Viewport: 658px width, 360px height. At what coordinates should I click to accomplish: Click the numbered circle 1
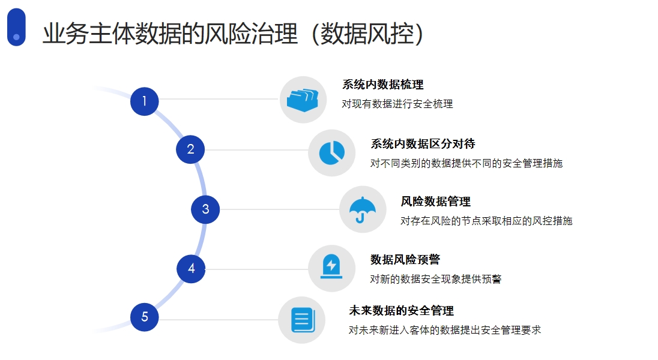[144, 101]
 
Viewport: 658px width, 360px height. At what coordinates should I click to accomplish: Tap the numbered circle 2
[190, 149]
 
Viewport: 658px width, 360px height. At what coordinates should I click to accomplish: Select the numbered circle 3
[205, 209]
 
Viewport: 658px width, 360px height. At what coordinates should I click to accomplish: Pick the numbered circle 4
[191, 269]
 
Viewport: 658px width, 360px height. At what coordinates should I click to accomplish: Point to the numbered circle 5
[144, 317]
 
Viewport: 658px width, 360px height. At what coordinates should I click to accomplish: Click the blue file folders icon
[303, 100]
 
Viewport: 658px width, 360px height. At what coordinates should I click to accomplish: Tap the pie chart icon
[331, 153]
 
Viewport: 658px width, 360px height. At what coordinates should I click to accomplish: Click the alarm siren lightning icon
[331, 266]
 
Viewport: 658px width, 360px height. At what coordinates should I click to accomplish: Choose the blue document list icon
[303, 320]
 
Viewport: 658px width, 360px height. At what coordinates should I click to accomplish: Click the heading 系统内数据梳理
[382, 85]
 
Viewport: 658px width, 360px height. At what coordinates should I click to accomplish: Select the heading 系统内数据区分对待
[423, 144]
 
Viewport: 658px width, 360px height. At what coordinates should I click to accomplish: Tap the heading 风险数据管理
[436, 202]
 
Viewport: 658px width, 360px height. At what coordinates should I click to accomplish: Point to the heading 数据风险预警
[405, 259]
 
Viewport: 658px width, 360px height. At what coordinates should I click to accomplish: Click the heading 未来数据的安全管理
[401, 310]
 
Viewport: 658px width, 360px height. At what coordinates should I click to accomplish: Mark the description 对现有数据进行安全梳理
[397, 104]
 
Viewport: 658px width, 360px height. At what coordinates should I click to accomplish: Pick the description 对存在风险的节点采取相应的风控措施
[486, 221]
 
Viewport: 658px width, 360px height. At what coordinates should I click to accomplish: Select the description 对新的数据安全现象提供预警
[436, 278]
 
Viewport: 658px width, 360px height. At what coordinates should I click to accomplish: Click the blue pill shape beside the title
[16, 27]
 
